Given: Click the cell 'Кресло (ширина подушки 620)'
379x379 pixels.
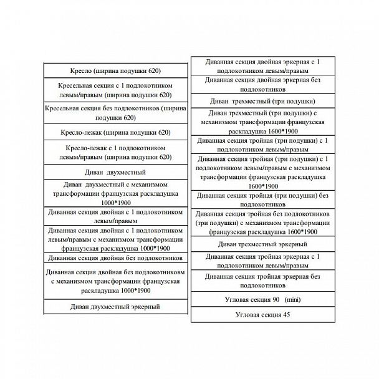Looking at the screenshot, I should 115,70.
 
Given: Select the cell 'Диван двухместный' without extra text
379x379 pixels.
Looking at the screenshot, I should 115,171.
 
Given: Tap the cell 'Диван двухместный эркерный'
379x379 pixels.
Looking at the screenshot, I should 115,307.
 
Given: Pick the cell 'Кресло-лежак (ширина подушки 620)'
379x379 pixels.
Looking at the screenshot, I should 115,132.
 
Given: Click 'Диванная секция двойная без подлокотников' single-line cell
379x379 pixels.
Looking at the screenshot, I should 115,257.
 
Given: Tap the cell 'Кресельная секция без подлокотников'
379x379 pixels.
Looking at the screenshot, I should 115,113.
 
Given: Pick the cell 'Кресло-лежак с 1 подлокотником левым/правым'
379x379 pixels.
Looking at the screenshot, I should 115,153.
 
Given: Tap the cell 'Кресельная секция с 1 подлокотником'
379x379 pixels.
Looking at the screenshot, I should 115,90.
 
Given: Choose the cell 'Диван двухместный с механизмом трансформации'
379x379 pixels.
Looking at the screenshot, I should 115,194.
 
